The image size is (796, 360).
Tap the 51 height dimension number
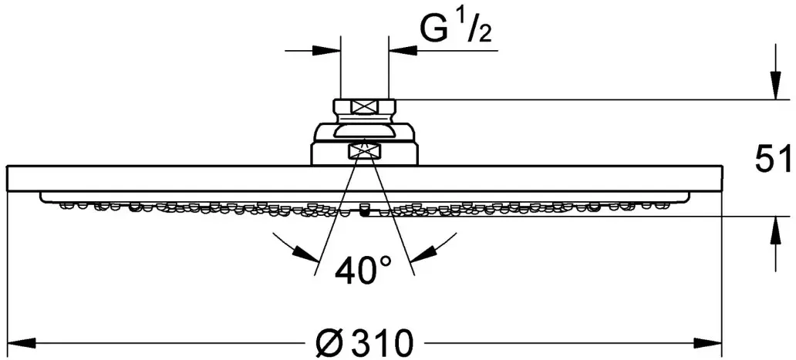click(773, 160)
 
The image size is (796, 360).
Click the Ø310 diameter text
click(363, 343)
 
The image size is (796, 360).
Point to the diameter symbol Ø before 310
click(328, 343)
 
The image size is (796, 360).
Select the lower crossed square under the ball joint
click(363, 150)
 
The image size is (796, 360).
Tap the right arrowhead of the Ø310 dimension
click(707, 343)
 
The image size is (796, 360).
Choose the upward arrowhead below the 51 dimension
click(775, 231)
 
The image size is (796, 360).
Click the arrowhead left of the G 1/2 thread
click(326, 51)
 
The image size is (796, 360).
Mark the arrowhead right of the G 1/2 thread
click(403, 51)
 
